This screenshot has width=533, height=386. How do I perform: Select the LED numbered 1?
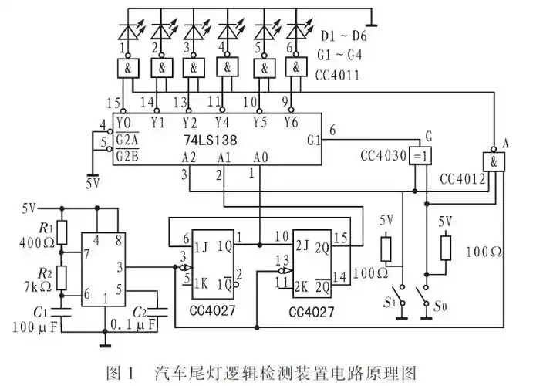(x=127, y=32)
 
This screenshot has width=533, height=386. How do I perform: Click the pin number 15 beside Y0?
(x=112, y=103)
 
